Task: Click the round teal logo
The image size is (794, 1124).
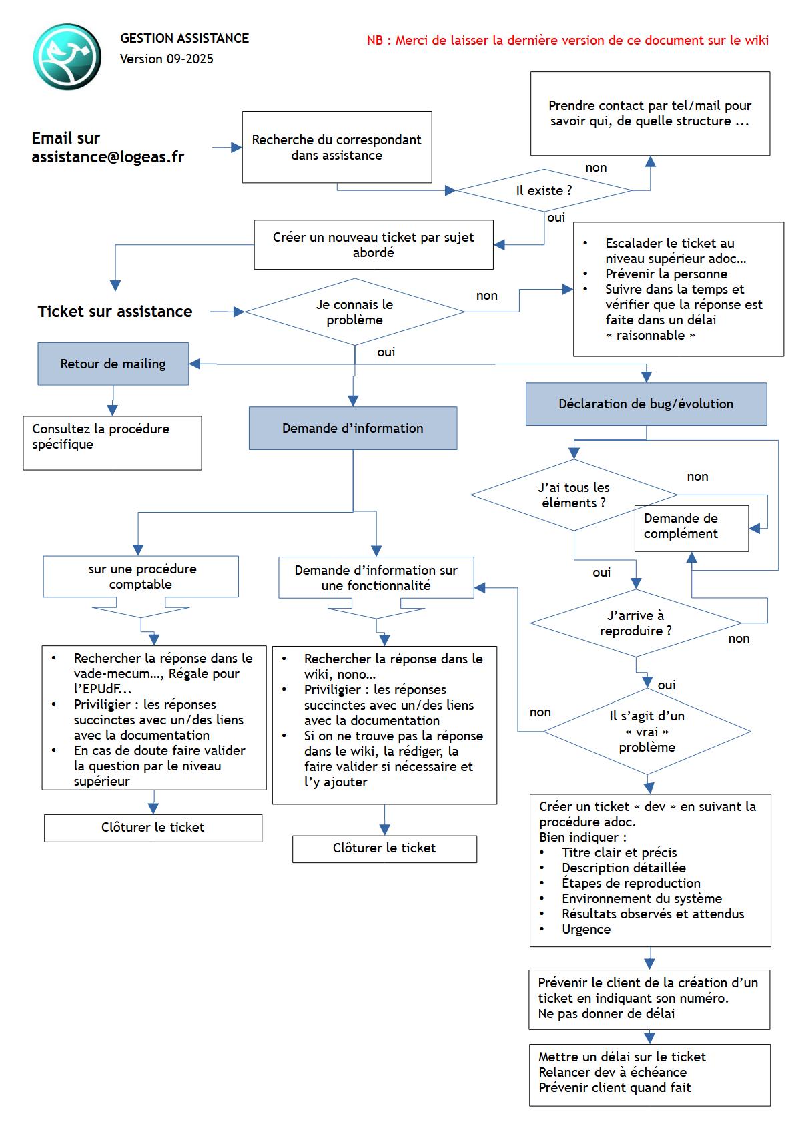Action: (x=67, y=57)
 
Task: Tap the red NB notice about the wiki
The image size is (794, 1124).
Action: (x=567, y=40)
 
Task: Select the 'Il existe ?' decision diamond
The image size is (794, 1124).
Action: (x=544, y=191)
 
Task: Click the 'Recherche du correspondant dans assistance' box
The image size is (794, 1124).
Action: (x=336, y=148)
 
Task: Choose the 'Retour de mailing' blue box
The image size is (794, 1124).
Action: (x=113, y=364)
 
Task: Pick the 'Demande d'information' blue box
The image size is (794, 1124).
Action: (x=352, y=428)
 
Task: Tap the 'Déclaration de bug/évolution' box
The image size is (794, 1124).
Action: (x=645, y=404)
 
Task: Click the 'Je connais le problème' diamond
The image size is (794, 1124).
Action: (x=354, y=312)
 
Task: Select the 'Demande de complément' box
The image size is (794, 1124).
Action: (x=691, y=527)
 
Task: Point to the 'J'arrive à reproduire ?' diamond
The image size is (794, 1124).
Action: (x=635, y=623)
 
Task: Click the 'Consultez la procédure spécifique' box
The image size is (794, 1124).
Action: (x=111, y=443)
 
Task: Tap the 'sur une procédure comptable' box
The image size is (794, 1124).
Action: (x=140, y=577)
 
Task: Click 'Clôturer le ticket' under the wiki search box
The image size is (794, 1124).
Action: (x=384, y=848)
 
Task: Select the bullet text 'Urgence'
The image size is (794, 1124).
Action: (x=586, y=929)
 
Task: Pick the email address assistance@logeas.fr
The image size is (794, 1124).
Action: (x=108, y=157)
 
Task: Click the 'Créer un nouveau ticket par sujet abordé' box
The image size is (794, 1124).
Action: (x=373, y=245)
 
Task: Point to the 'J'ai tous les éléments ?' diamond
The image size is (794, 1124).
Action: (x=574, y=495)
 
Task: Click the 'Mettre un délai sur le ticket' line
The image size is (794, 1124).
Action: (x=622, y=1057)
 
